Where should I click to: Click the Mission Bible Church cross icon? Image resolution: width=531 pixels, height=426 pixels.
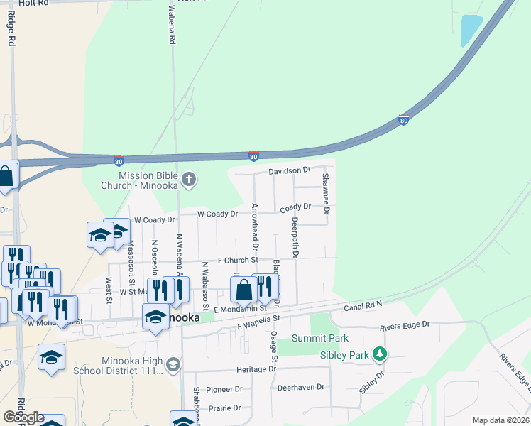[x=188, y=179]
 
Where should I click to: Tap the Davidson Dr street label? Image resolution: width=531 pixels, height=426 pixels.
[x=290, y=170]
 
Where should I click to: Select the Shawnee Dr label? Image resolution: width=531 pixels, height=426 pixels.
[x=326, y=193]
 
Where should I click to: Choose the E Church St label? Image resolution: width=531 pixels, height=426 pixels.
[x=238, y=261]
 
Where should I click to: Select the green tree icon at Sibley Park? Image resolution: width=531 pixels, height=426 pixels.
[x=381, y=353]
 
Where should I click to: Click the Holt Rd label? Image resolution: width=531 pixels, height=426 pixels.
[x=34, y=4]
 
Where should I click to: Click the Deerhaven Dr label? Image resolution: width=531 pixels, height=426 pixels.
[x=300, y=387]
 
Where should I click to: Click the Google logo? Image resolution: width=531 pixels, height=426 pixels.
[x=23, y=417]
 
